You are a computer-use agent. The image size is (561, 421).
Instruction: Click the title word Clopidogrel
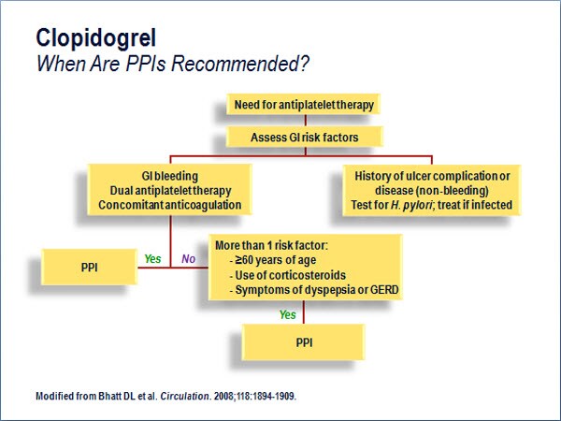pos(96,38)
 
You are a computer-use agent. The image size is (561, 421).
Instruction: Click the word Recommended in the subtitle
pos(239,64)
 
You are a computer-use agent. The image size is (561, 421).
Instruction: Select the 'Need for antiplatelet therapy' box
pos(303,105)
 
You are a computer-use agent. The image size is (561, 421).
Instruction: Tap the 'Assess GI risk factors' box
pos(305,138)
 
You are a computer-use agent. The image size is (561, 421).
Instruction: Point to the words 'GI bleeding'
pos(169,176)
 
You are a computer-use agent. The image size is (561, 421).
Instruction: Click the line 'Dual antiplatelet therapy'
pos(170,191)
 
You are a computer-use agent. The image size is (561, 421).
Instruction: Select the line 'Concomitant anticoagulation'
pos(169,205)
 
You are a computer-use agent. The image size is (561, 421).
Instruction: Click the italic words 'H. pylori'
pos(411,205)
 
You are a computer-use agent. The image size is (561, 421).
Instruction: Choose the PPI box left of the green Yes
pos(89,268)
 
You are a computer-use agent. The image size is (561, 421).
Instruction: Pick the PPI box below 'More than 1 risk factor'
pos(304,342)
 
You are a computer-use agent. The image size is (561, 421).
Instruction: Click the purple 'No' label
pos(189,258)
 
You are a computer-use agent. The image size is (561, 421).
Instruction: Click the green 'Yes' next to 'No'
pos(152,258)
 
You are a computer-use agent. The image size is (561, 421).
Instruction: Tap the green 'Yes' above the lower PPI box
pos(288,314)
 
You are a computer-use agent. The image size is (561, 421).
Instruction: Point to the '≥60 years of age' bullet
pos(273,260)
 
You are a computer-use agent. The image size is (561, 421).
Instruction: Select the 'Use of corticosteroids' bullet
pos(288,275)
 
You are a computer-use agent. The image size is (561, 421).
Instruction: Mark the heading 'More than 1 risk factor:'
pos(271,245)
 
